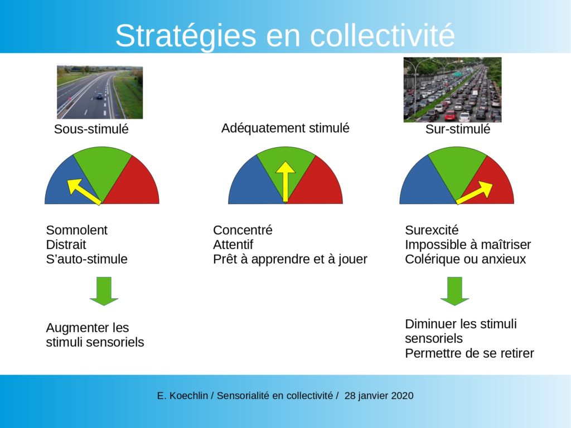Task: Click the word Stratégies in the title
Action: (186, 36)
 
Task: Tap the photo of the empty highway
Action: (100, 93)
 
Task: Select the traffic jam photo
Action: (452, 90)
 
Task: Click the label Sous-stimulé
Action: (91, 129)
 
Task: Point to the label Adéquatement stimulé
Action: (285, 128)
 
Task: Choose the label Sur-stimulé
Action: (458, 129)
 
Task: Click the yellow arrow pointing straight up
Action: (285, 182)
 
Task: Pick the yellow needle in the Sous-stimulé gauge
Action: (84, 192)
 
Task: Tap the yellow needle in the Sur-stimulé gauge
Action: (474, 192)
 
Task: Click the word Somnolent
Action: (76, 230)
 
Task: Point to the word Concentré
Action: (243, 230)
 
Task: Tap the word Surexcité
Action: (432, 230)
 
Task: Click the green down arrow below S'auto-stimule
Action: (104, 291)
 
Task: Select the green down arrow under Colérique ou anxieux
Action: (454, 291)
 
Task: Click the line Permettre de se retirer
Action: (470, 353)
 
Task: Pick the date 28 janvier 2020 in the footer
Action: (379, 396)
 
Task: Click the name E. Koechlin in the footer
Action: (182, 396)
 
